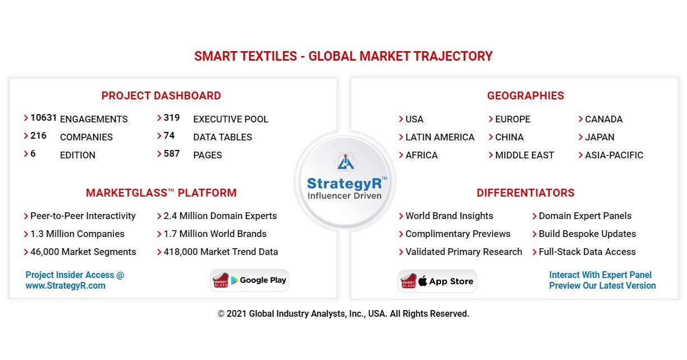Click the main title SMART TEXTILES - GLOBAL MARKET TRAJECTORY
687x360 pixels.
pos(343,56)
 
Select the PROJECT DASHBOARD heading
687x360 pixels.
pos(161,96)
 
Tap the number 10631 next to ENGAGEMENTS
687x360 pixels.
pos(44,118)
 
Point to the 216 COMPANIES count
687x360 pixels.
pos(38,136)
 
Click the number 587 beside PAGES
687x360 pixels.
pos(172,154)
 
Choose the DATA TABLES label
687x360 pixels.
pos(222,137)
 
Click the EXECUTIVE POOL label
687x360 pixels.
pos(231,119)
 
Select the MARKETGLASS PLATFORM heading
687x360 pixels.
pos(161,193)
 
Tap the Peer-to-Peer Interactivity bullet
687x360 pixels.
pos(83,216)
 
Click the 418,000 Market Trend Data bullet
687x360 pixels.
pos(221,252)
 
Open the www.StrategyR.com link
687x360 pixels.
pos(65,286)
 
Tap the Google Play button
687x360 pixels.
pos(250,281)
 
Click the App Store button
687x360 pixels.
pos(437,281)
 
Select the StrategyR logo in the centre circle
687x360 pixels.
pos(344,179)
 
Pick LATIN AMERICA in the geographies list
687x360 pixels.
pos(439,137)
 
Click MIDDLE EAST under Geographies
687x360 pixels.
pos(524,155)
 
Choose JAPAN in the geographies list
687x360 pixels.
pos(599,137)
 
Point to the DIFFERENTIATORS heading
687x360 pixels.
pos(525,193)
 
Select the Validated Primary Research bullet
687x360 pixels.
pos(464,252)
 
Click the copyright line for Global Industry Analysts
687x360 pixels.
pos(343,314)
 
